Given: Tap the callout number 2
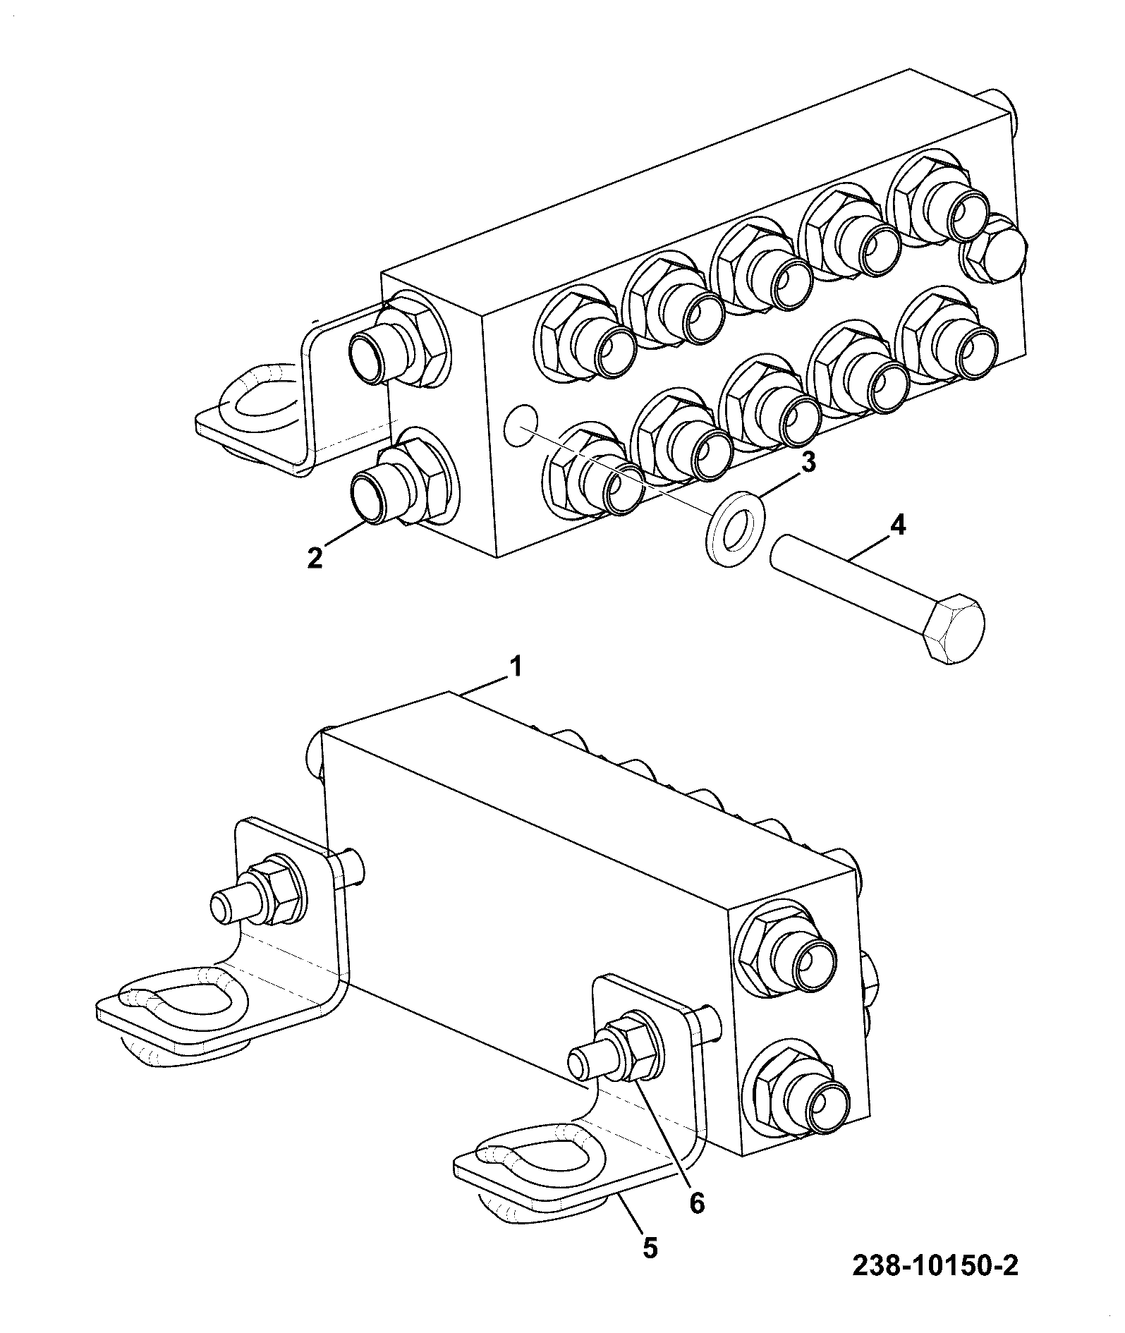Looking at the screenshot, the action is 315,557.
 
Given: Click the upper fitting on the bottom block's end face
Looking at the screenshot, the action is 789,950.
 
